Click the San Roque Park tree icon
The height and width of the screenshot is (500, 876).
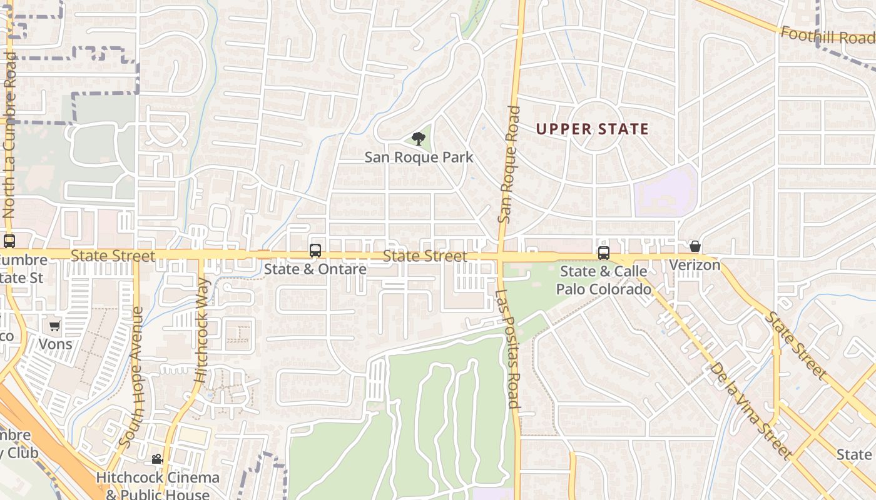(418, 139)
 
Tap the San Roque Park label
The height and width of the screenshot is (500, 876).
(419, 157)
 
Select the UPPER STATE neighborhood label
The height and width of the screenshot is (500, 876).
(592, 129)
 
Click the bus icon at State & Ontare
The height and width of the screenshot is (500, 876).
(315, 251)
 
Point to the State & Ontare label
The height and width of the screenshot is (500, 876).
(315, 269)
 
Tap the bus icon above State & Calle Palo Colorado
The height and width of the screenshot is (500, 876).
(603, 253)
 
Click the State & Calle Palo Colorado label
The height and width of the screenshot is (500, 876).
(604, 280)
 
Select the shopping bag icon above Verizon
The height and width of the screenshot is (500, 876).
(695, 246)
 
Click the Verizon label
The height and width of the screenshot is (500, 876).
(695, 265)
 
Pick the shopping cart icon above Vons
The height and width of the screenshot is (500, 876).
(55, 326)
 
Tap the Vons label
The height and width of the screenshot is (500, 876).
(55, 344)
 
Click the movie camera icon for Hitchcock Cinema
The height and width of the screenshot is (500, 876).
(157, 459)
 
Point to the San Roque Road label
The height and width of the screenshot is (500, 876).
(509, 164)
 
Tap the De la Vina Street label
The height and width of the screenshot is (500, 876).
(751, 410)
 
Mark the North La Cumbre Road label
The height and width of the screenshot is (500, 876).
(9, 135)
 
